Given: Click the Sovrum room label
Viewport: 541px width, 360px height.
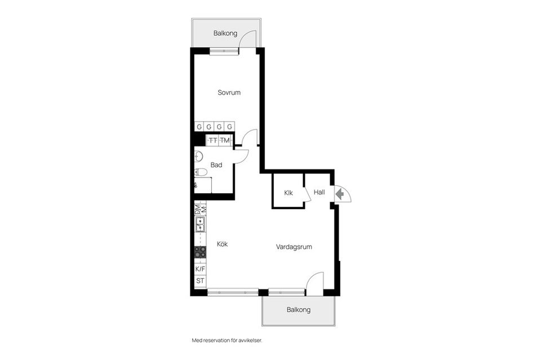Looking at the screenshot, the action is pyautogui.click(x=229, y=92).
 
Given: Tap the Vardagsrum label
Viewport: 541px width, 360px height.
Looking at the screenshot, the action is pyautogui.click(x=294, y=247).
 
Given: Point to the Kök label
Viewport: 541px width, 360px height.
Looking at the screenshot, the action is pyautogui.click(x=222, y=244).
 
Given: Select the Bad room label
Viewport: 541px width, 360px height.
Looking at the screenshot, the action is pyautogui.click(x=216, y=165).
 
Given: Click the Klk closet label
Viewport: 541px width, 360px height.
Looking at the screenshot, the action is pyautogui.click(x=289, y=193).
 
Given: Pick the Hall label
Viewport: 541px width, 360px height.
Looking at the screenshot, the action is pyautogui.click(x=319, y=192).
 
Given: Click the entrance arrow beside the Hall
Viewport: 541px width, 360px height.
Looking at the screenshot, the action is pyautogui.click(x=340, y=194).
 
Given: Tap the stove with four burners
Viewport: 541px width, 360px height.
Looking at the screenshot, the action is pyautogui.click(x=200, y=252).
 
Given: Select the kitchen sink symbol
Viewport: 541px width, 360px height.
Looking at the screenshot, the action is pyautogui.click(x=201, y=224).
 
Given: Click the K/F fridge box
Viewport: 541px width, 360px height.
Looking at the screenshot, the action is pyautogui.click(x=200, y=269).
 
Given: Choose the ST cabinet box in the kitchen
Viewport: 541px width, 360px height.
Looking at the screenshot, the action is pyautogui.click(x=200, y=281).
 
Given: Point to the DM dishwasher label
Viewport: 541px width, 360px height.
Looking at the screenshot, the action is pyautogui.click(x=198, y=210).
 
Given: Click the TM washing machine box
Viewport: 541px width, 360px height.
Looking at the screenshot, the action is pyautogui.click(x=225, y=140).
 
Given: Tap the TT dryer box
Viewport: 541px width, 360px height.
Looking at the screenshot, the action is pyautogui.click(x=213, y=140).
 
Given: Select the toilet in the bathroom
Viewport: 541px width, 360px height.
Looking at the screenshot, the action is pyautogui.click(x=200, y=172).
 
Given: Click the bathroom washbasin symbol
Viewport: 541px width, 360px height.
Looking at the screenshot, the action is pyautogui.click(x=198, y=156).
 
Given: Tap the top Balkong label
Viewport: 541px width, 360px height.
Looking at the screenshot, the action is pyautogui.click(x=225, y=33).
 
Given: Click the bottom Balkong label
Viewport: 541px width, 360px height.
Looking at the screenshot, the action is pyautogui.click(x=299, y=310).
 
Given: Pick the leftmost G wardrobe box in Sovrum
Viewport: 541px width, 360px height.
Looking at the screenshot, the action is pyautogui.click(x=199, y=127).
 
